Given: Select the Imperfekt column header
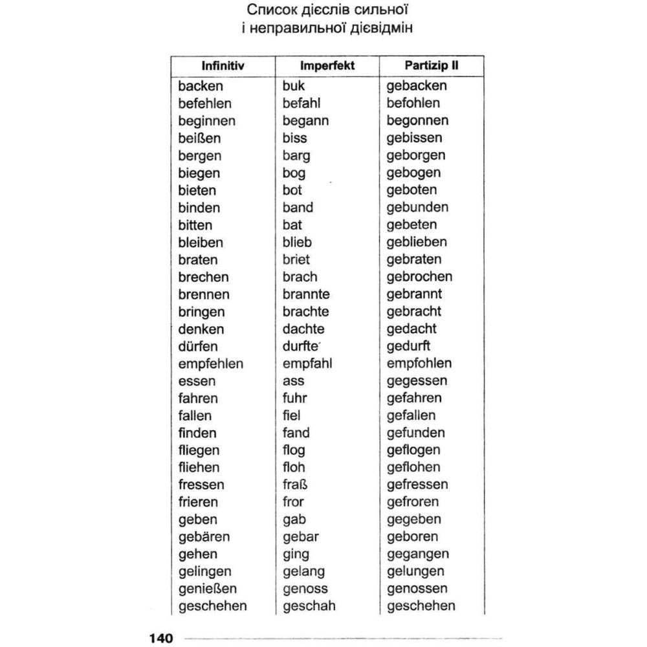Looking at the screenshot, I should (x=327, y=66).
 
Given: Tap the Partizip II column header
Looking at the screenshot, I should (x=432, y=66).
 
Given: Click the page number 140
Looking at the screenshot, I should (x=161, y=638).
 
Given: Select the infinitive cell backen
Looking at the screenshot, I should (x=201, y=86).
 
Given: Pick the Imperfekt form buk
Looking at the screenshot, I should (x=294, y=86).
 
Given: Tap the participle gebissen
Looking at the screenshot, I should (x=414, y=138).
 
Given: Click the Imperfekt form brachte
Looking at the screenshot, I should (x=305, y=311).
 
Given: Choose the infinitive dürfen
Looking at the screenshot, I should (x=198, y=346).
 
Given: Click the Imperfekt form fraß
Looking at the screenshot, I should (x=293, y=485).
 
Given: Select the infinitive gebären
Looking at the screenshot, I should (x=204, y=536).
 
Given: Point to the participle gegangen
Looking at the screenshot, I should (x=418, y=554).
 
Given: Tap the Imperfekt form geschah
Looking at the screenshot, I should (x=309, y=606).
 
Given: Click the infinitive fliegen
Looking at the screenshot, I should (x=199, y=450).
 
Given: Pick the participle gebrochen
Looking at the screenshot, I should (x=419, y=277).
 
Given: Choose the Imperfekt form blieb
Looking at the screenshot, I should (x=297, y=242).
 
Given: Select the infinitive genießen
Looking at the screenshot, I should (x=208, y=589).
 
